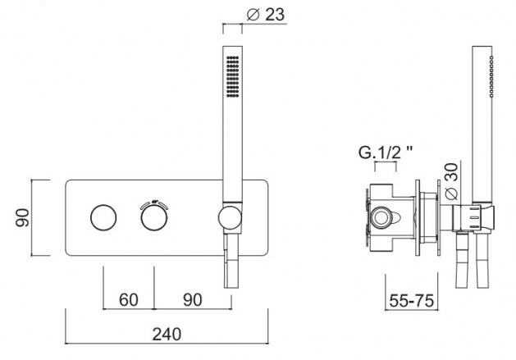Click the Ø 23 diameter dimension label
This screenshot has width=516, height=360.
[265, 15]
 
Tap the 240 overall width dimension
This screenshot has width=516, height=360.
[167, 334]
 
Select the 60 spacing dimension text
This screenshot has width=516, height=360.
[128, 300]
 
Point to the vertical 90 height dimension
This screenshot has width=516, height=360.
[23, 217]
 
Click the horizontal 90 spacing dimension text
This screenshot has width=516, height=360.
[193, 300]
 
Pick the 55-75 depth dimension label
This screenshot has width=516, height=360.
[411, 300]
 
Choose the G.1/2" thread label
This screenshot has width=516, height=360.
[385, 153]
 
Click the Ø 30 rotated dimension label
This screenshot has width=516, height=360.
[451, 181]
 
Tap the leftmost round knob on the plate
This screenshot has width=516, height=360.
[103, 217]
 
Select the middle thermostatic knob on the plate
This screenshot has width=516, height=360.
[154, 217]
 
